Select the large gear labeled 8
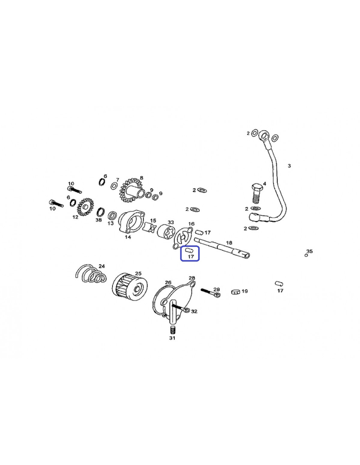(x=131, y=190)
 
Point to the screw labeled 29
(x=211, y=293)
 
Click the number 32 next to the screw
(x=194, y=311)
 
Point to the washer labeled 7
(x=114, y=186)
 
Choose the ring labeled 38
(x=100, y=212)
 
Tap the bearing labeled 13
(x=112, y=215)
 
